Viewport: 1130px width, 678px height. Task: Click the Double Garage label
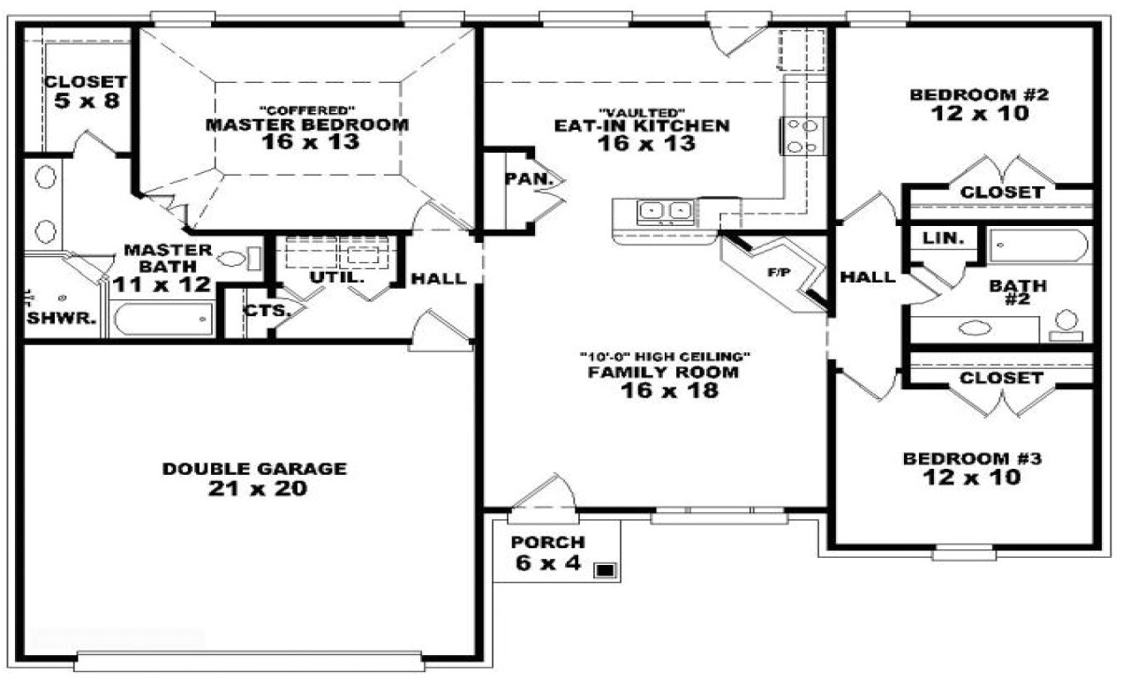click(x=254, y=469)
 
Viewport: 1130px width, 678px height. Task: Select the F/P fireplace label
click(x=779, y=273)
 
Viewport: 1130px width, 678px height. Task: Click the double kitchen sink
click(x=665, y=211)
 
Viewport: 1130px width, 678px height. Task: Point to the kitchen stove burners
click(x=802, y=136)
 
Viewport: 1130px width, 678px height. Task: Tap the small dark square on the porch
click(x=605, y=569)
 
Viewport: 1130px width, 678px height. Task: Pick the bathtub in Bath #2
click(x=1039, y=246)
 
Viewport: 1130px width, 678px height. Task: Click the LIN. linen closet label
click(x=943, y=238)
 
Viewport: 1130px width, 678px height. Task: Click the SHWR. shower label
click(x=61, y=319)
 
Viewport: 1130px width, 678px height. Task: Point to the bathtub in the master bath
click(x=165, y=318)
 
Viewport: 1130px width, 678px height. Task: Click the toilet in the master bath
click(x=235, y=260)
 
